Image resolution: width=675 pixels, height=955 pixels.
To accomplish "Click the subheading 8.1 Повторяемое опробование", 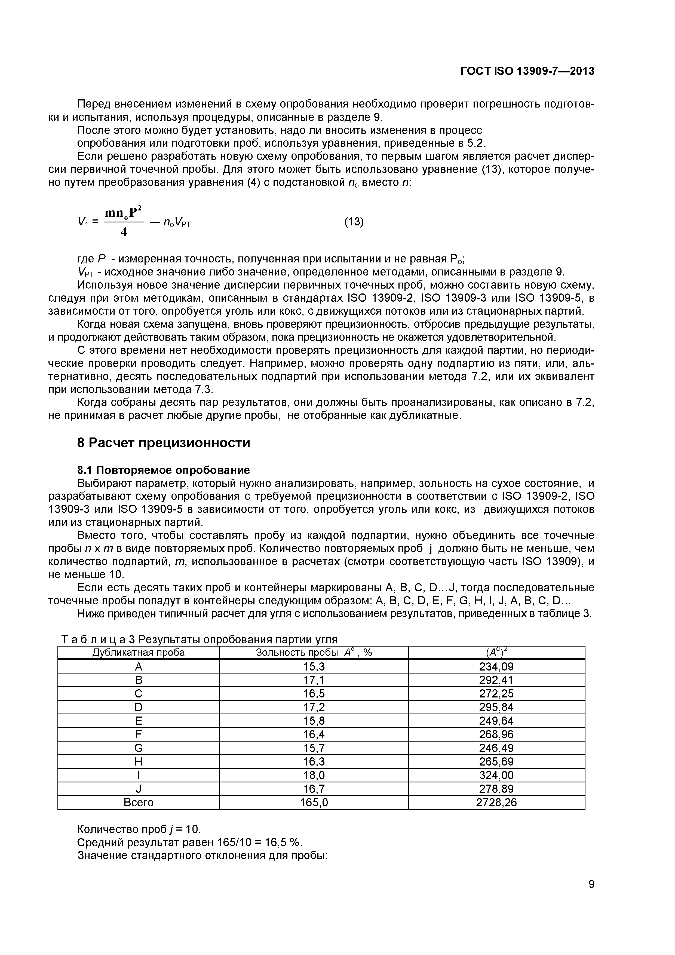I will click(x=164, y=470).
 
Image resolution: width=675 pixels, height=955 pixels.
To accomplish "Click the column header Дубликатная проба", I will click(x=139, y=653).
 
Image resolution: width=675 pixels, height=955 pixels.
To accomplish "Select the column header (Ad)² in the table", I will click(x=496, y=653).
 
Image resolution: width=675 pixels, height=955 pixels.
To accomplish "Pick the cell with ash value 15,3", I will click(x=314, y=667).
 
